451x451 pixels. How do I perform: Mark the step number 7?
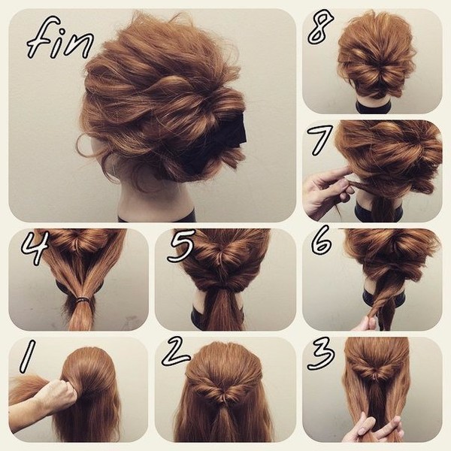tap(322, 139)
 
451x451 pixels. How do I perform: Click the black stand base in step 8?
tap(374, 107)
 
